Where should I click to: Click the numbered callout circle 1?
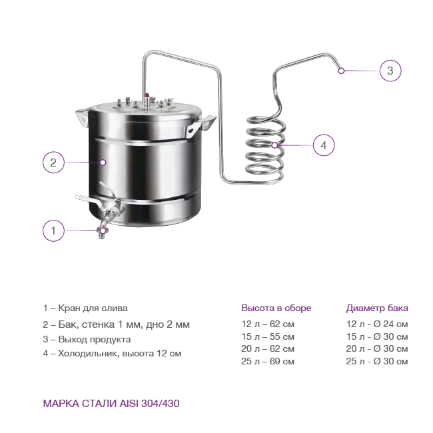tap(53, 230)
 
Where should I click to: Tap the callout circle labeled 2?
tap(53, 163)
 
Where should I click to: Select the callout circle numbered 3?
tap(390, 71)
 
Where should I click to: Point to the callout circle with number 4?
tap(324, 145)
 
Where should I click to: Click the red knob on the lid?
tap(147, 95)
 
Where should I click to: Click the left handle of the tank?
tap(83, 117)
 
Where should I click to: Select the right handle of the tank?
tap(201, 126)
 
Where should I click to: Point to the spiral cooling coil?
tap(265, 149)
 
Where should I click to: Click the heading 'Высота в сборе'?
tap(276, 308)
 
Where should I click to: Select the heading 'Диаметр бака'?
tap(377, 308)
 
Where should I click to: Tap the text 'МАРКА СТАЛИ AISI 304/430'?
tap(111, 404)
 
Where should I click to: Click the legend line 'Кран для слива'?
tap(85, 308)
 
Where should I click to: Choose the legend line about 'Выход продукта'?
tap(87, 339)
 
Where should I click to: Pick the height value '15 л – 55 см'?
tap(268, 336)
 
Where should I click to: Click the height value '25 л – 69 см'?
tap(268, 361)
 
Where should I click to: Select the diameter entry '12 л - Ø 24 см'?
tap(377, 324)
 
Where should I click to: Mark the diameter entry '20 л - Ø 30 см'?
tap(377, 349)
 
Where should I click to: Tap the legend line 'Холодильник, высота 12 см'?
tap(112, 354)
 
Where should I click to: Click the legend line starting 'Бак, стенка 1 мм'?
tap(117, 324)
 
